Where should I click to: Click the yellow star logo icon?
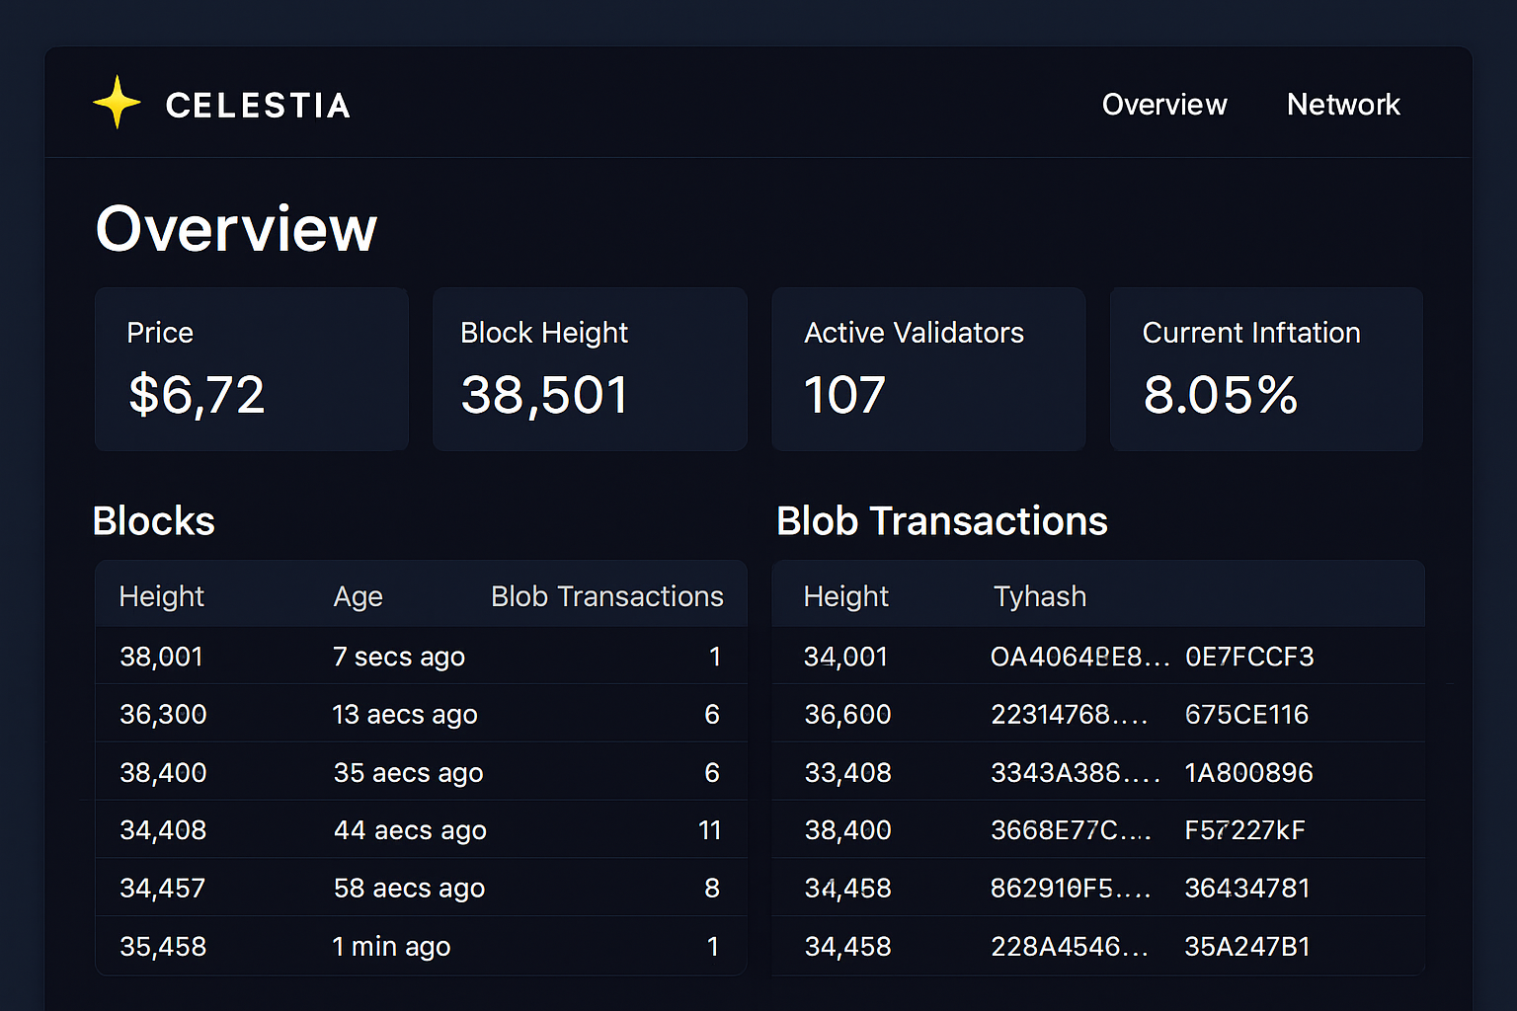pos(117,103)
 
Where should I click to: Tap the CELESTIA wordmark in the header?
pos(258,106)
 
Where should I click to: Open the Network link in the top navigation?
pos(1342,105)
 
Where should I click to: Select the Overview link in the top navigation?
pos(1163,105)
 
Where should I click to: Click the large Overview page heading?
pos(236,229)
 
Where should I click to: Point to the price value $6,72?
pos(197,395)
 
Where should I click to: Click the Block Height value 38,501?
pos(544,395)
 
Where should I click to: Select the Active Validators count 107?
pos(844,395)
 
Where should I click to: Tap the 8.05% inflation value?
pos(1220,395)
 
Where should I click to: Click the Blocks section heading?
pos(154,521)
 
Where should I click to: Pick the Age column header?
pos(358,596)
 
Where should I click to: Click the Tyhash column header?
pos(1039,596)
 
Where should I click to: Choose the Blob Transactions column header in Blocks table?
pos(606,596)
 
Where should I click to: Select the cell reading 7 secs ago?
pos(398,657)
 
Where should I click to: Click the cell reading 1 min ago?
pos(391,947)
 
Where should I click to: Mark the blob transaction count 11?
pos(709,830)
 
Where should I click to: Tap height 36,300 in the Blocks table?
pos(163,715)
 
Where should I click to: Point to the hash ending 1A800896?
pos(1248,773)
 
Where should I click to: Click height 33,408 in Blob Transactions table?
pos(847,773)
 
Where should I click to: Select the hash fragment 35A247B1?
pos(1246,947)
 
